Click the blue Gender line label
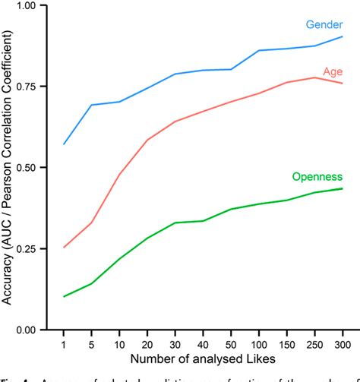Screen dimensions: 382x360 324,24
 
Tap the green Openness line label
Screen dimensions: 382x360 317,176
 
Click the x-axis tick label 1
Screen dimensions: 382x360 64,343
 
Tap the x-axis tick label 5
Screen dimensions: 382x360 91,343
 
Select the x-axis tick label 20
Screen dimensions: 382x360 147,343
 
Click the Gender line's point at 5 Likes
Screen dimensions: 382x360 91,105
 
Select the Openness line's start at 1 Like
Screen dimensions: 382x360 64,296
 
